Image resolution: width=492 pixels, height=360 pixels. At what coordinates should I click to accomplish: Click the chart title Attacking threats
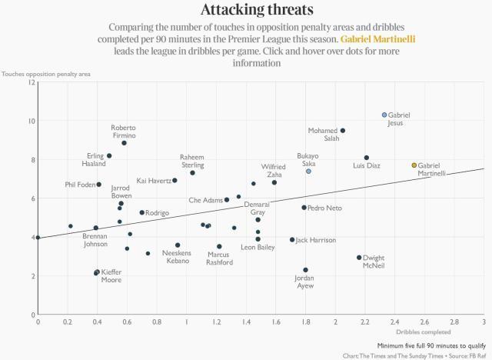(x=245, y=10)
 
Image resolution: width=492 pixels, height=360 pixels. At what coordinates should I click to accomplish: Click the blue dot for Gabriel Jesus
(x=384, y=115)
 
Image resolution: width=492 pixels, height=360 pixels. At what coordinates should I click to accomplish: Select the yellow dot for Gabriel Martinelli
(x=414, y=165)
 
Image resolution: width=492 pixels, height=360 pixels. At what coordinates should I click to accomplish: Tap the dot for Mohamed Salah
(x=343, y=131)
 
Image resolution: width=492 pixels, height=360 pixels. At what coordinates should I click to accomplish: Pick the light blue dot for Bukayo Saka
(x=308, y=172)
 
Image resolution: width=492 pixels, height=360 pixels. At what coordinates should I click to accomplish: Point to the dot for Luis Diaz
(x=367, y=158)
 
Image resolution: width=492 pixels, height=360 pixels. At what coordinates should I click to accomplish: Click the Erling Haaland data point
(x=109, y=155)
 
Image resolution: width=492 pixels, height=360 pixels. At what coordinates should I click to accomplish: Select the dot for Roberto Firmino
(x=124, y=143)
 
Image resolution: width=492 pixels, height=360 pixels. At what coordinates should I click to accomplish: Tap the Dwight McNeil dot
(x=359, y=258)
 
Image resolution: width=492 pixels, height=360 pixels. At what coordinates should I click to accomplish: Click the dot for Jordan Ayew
(x=305, y=270)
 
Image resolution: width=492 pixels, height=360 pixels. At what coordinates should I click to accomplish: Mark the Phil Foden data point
(x=98, y=185)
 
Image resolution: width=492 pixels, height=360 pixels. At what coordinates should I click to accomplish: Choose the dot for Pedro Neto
(x=304, y=208)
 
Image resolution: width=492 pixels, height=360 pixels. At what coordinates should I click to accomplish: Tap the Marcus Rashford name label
(x=219, y=258)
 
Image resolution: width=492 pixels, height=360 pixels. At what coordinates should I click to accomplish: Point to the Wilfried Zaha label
(x=274, y=170)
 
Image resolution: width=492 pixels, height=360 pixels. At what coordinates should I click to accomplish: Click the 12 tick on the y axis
(x=31, y=82)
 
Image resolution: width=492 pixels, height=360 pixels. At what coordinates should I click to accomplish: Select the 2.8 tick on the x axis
(x=454, y=322)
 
